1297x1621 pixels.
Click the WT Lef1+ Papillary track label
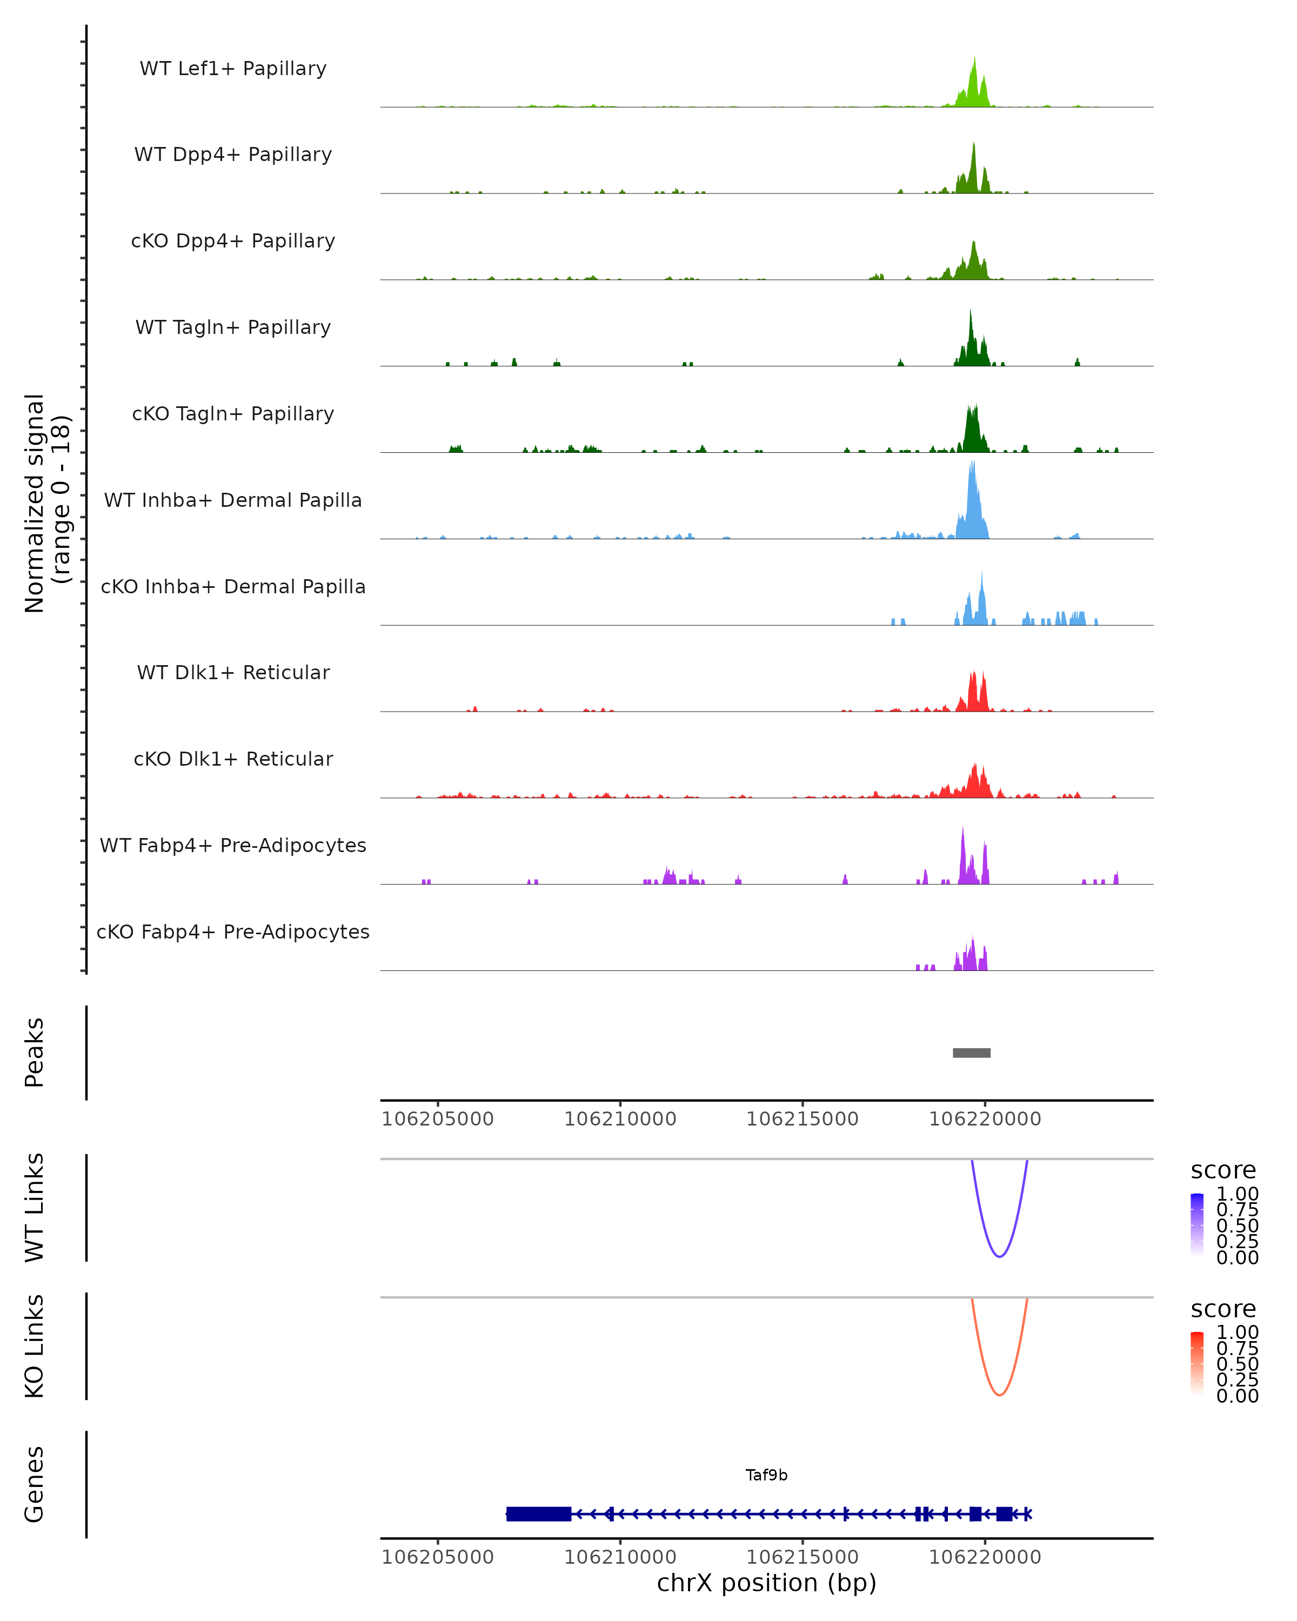pyautogui.click(x=233, y=69)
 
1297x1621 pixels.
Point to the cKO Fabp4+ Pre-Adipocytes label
pyautogui.click(x=233, y=932)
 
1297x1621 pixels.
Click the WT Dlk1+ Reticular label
pyautogui.click(x=233, y=672)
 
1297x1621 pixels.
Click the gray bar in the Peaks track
pyautogui.click(x=972, y=1053)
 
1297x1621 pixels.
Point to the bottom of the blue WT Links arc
pyautogui.click(x=999, y=1256)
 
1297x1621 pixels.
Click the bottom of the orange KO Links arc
pyautogui.click(x=999, y=1395)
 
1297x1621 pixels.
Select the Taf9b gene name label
pyautogui.click(x=766, y=1475)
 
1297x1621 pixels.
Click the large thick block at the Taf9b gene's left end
pyautogui.click(x=538, y=1513)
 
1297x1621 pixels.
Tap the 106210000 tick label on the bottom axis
pyautogui.click(x=620, y=1557)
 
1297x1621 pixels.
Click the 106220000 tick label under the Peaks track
pyautogui.click(x=985, y=1120)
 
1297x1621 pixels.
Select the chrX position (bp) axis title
pyautogui.click(x=766, y=1583)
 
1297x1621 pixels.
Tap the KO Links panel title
pyautogui.click(x=35, y=1347)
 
